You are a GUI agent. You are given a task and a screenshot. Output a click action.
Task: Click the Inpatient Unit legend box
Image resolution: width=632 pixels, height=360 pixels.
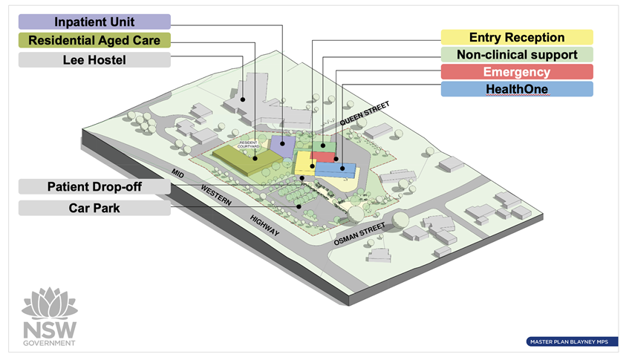[94, 22]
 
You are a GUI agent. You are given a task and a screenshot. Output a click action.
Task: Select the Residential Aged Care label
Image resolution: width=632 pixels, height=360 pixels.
[94, 40]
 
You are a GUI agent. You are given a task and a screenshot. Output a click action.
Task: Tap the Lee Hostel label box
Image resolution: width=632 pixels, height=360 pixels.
[94, 60]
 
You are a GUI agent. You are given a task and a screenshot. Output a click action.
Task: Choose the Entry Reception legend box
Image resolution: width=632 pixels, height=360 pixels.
[517, 37]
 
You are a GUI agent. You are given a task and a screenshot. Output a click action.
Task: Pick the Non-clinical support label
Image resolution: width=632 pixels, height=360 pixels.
[517, 54]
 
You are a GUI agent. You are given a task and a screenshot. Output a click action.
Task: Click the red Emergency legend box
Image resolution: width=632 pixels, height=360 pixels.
[517, 72]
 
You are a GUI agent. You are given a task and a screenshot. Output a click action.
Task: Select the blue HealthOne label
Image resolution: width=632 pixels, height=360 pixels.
[517, 89]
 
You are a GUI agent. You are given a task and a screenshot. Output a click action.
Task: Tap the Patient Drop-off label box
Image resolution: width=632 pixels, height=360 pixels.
[94, 187]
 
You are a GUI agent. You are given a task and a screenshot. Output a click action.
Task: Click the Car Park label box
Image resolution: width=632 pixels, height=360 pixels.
[94, 208]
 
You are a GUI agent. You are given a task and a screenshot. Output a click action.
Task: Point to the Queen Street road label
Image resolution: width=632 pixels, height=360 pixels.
[365, 113]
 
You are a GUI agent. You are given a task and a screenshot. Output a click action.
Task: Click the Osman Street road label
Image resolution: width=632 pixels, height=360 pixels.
[359, 235]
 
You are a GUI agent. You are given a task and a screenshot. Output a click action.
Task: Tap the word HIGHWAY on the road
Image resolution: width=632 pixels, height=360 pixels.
[264, 225]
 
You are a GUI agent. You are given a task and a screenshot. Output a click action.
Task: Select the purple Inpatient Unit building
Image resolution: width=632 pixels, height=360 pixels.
[282, 146]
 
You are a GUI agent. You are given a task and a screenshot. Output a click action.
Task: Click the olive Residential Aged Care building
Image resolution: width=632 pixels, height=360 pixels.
[247, 160]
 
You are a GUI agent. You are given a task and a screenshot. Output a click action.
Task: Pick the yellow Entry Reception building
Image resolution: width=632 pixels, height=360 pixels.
[305, 163]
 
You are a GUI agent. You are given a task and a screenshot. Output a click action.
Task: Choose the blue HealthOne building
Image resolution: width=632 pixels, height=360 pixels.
[336, 170]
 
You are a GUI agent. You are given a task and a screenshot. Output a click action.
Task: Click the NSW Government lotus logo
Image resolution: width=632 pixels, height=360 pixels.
[49, 316]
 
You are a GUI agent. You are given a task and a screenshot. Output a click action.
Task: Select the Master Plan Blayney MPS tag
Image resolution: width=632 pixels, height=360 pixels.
[572, 341]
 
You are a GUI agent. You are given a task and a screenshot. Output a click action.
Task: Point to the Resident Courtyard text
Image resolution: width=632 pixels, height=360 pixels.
[248, 145]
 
